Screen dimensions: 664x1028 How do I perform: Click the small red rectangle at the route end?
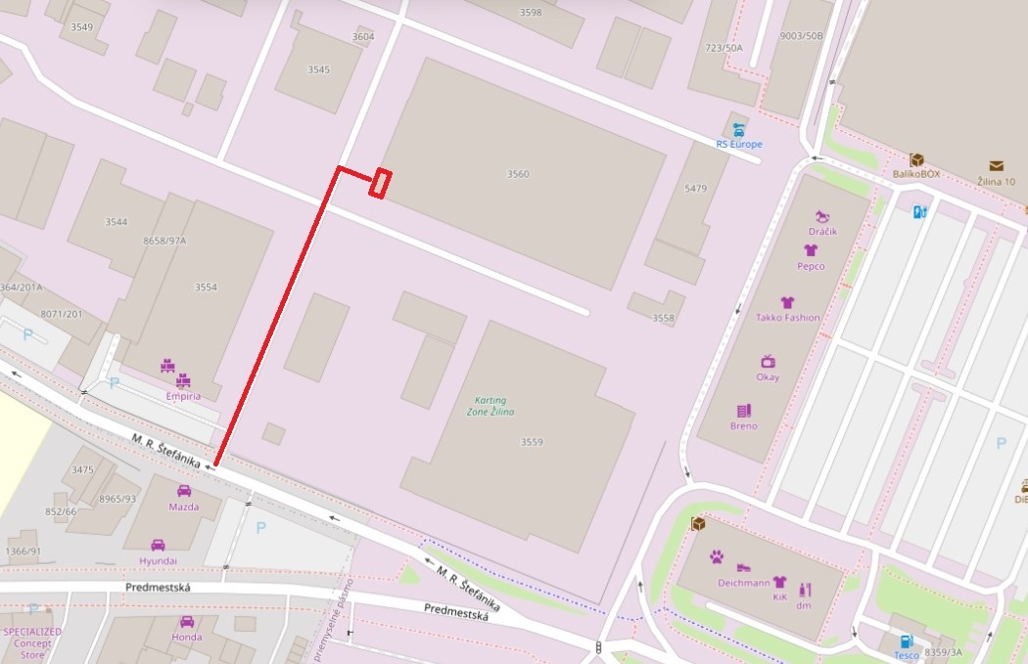(x=381, y=184)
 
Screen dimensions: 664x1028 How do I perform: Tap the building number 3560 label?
(x=518, y=174)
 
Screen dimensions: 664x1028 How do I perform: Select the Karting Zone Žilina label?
(x=490, y=407)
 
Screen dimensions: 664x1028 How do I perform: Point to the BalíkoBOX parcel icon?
(x=917, y=160)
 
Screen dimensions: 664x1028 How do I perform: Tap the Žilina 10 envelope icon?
(x=996, y=166)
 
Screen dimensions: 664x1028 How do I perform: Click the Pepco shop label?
(x=811, y=266)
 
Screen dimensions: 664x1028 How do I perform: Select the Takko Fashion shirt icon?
(x=787, y=303)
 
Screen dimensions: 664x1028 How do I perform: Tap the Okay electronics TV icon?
(x=768, y=362)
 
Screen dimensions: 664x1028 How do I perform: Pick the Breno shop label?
(x=744, y=426)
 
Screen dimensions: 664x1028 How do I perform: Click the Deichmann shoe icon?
(x=743, y=567)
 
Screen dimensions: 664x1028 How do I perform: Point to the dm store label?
(x=804, y=606)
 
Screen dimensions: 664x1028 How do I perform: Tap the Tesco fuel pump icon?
(x=907, y=642)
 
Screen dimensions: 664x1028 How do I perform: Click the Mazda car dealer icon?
(x=184, y=491)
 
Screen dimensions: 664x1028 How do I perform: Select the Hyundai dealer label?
(x=158, y=561)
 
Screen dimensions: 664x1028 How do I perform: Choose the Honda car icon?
(x=187, y=622)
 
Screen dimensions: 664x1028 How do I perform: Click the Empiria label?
(x=183, y=397)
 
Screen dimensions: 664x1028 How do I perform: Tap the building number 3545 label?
(x=319, y=69)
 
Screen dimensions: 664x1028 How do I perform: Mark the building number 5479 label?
(x=695, y=188)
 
